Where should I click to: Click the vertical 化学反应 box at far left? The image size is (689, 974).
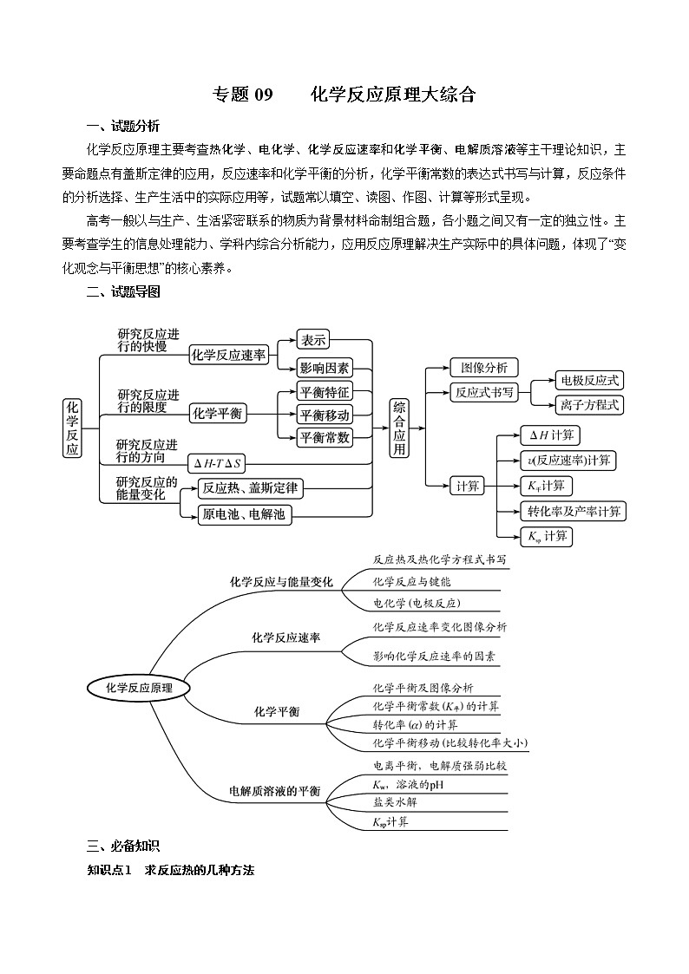(x=72, y=428)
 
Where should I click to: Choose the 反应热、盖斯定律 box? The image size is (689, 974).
(x=249, y=488)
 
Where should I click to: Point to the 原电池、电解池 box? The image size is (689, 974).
(x=246, y=514)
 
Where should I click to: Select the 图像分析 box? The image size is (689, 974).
(x=483, y=368)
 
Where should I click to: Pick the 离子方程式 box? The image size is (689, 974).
(x=589, y=404)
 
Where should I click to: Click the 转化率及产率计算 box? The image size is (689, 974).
(x=573, y=511)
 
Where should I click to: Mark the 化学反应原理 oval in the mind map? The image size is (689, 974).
(x=139, y=688)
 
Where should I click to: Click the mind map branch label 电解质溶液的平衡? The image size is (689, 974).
(x=274, y=791)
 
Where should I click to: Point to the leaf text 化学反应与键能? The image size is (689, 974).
(x=411, y=582)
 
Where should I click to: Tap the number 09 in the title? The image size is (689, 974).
(x=258, y=95)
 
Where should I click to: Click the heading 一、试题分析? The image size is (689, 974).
(x=123, y=126)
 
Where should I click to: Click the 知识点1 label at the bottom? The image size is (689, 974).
(x=108, y=870)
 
